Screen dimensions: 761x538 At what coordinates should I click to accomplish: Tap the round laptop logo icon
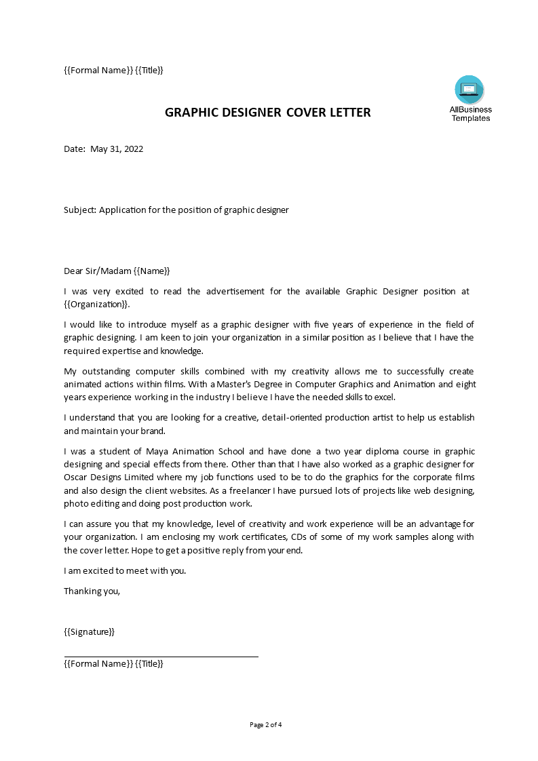click(x=469, y=90)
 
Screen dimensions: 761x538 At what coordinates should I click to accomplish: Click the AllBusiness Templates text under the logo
click(x=470, y=114)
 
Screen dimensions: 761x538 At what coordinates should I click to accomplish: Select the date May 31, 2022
click(x=117, y=149)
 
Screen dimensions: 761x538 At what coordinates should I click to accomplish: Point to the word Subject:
click(x=80, y=210)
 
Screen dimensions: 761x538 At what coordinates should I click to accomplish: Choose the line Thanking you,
click(x=92, y=591)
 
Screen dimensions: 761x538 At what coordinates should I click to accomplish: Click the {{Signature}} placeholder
click(x=89, y=632)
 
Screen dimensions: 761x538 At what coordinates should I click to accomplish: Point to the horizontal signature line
click(x=161, y=657)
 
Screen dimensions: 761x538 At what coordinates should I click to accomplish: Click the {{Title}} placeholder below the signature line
click(x=149, y=664)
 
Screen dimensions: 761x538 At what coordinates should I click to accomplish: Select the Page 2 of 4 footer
click(x=266, y=724)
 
